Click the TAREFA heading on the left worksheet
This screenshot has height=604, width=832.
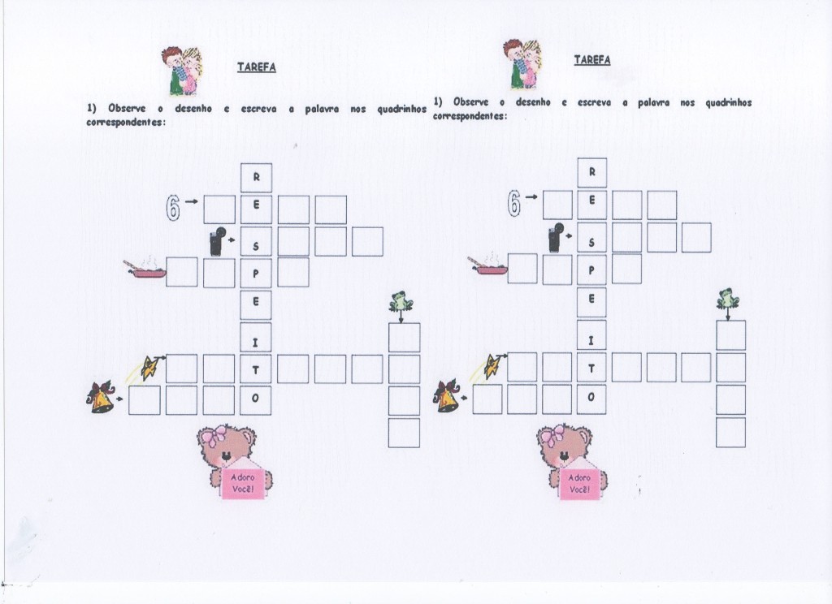click(256, 67)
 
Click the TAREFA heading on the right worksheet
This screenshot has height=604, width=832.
click(592, 60)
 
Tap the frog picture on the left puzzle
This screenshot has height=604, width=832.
click(401, 300)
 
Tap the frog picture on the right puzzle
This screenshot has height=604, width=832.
click(728, 299)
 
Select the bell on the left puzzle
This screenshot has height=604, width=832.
click(102, 397)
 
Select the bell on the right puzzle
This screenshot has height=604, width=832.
click(446, 395)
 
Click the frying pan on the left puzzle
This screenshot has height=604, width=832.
click(145, 270)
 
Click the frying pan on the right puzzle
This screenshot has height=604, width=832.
click(487, 265)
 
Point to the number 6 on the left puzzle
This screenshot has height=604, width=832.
click(173, 207)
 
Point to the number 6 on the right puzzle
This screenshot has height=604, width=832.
click(513, 203)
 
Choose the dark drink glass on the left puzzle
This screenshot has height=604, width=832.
click(217, 241)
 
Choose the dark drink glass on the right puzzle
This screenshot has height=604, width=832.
click(554, 237)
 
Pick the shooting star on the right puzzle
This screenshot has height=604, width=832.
click(492, 365)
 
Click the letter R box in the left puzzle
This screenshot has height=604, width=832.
click(256, 178)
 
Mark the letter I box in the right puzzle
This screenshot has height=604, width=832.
click(591, 334)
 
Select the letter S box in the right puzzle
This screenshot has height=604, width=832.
click(591, 237)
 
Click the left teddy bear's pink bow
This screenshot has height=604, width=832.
click(214, 437)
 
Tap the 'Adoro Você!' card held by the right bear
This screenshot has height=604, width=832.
click(578, 482)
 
